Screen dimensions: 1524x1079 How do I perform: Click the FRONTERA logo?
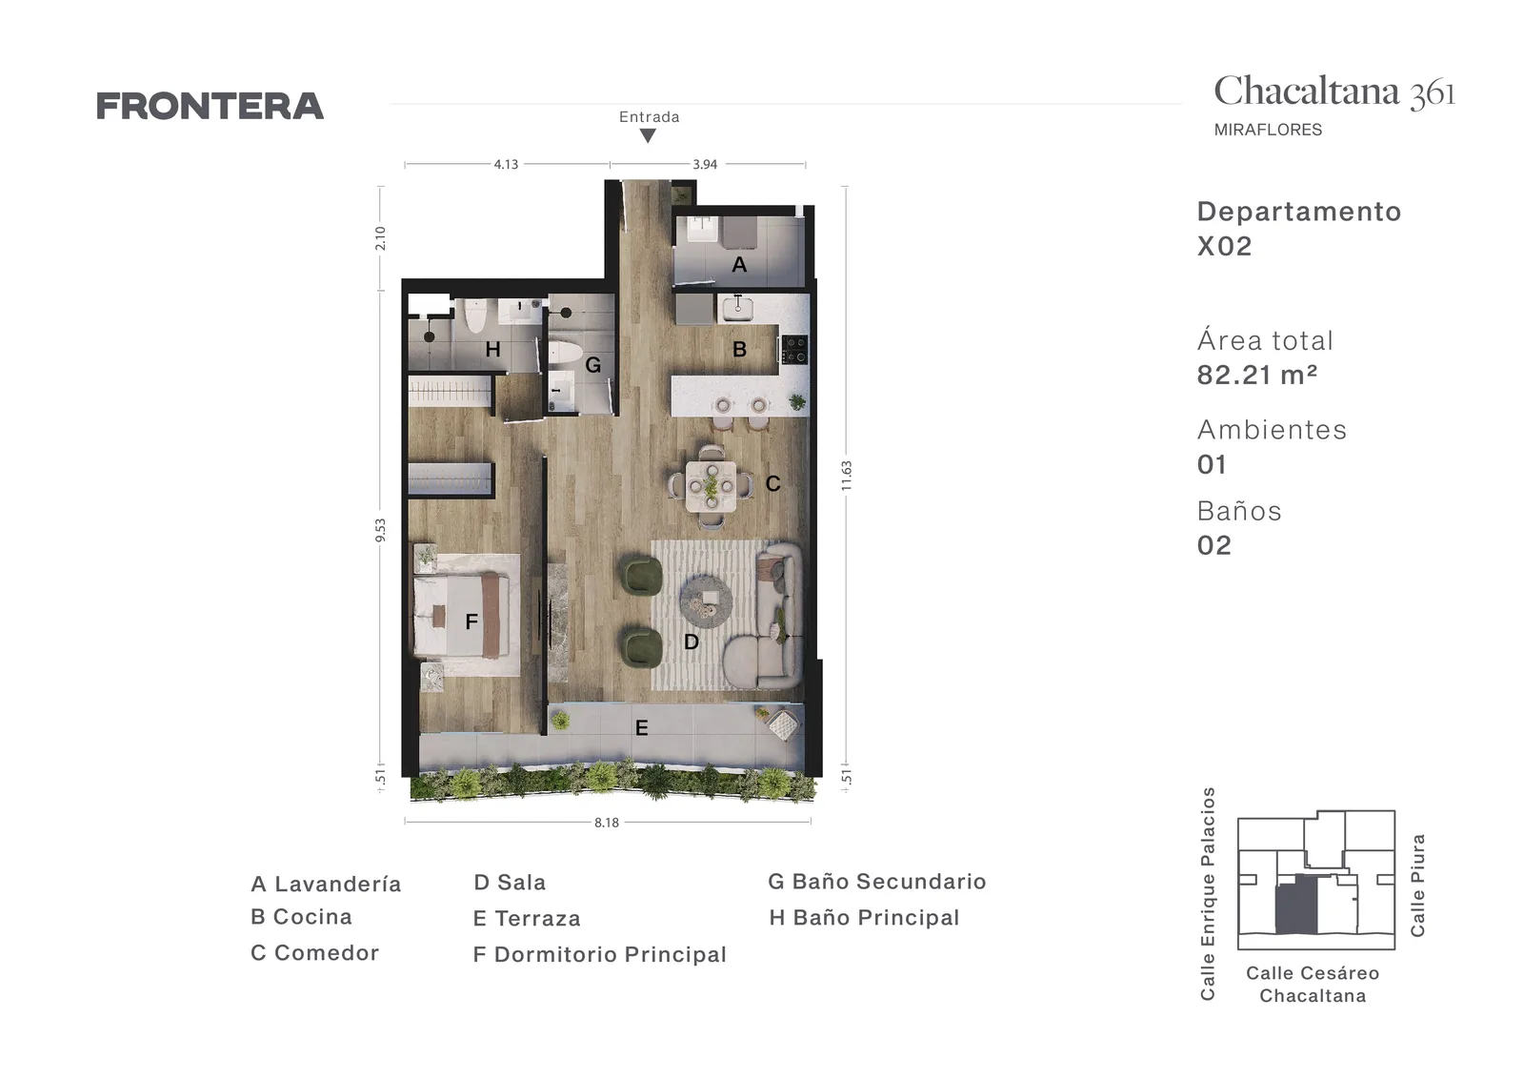210,106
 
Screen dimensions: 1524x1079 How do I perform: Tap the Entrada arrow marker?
649,136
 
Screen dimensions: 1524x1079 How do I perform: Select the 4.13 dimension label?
506,164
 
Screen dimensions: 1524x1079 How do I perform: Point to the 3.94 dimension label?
705,164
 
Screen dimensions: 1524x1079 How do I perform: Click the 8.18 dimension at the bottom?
607,823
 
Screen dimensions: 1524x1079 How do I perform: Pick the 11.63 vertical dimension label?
847,476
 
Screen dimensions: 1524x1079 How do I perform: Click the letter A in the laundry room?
739,264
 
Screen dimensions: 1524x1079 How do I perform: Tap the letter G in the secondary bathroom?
593,365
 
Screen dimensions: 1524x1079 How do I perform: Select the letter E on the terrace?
642,728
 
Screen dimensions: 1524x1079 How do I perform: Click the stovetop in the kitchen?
794,349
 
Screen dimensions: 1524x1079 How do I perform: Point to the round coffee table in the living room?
706,601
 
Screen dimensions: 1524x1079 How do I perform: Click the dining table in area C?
711,486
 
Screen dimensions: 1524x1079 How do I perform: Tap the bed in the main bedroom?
462,616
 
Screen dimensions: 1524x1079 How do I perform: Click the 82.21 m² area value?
1257,376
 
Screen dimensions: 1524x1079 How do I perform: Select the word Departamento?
1299,212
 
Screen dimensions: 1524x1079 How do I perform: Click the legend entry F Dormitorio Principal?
600,954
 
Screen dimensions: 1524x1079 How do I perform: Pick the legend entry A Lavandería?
326,884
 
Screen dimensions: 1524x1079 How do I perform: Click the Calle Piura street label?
1417,885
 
